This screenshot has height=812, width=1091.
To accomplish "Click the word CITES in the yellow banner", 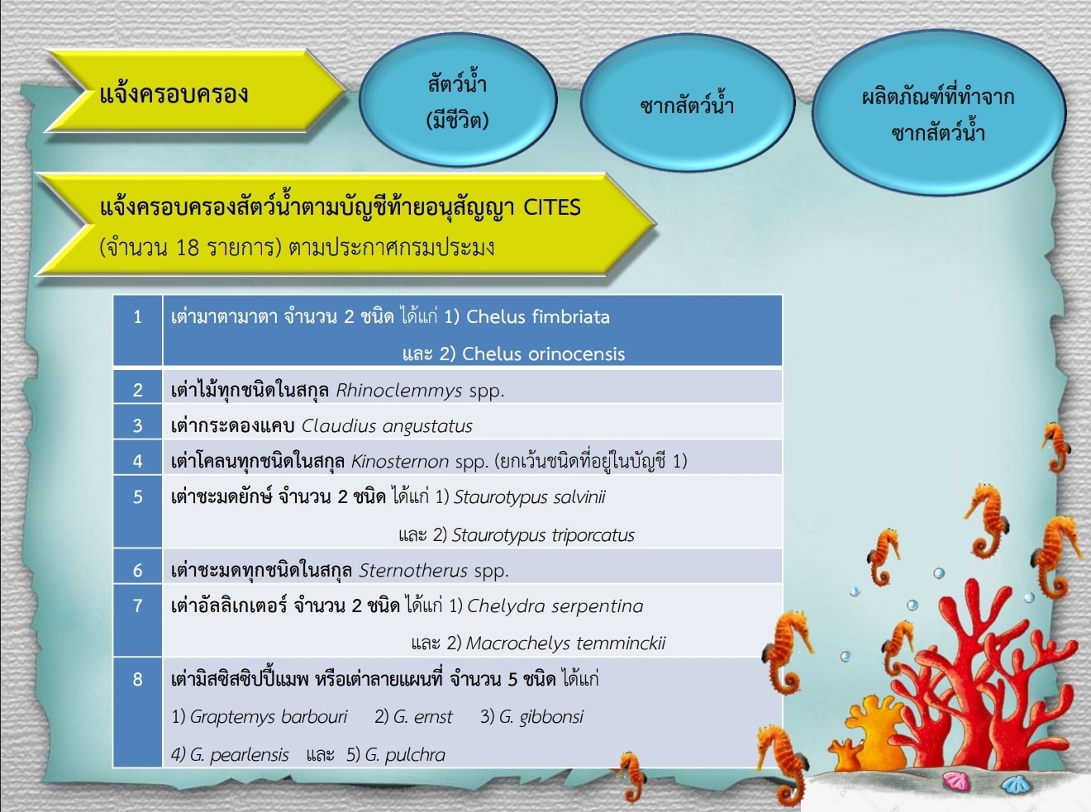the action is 552,207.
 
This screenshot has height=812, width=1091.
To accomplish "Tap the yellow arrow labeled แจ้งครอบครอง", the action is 197,91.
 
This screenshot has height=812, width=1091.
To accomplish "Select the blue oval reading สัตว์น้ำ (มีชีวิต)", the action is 458,100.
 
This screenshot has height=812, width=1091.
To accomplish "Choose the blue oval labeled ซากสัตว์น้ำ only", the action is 687,104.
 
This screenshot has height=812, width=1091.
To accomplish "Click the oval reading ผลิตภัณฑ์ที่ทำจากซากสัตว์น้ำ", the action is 939,113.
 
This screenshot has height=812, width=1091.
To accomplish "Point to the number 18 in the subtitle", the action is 187,247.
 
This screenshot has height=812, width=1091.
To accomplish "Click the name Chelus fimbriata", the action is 537,317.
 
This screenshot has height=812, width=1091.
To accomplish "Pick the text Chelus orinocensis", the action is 544,354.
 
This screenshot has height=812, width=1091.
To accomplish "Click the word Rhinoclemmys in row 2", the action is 399,391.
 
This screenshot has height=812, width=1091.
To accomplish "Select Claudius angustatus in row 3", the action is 387,426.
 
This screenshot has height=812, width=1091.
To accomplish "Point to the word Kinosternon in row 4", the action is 399,461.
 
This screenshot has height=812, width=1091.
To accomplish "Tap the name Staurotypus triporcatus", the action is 543,535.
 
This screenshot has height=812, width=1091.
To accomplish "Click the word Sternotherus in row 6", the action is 412,571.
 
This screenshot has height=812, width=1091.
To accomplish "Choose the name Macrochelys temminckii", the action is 565,643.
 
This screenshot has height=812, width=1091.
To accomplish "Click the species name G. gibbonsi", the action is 541,717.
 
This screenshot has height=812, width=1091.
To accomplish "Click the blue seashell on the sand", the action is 1014,783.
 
